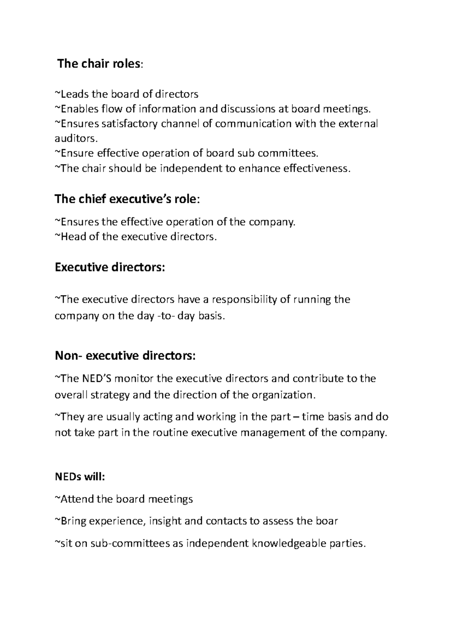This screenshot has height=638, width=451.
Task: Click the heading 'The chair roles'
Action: [100, 64]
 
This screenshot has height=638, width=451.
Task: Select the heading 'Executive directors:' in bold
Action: [110, 268]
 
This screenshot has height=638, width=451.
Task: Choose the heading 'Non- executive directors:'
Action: [125, 355]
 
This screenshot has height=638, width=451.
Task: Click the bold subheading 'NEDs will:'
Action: [80, 477]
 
